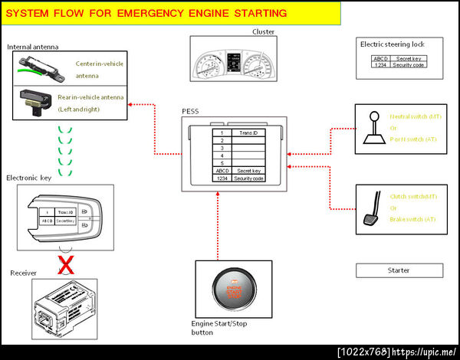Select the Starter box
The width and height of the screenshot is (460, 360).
point(399,270)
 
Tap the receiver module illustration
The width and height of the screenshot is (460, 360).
point(66,306)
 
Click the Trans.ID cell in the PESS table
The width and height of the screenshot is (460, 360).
point(247,133)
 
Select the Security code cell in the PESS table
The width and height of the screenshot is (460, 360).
point(247,178)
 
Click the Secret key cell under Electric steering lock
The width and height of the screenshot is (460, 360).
point(407,58)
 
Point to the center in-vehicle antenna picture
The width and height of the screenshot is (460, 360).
point(42,67)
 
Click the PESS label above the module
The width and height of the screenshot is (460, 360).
point(190,111)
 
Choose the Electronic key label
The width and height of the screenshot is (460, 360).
point(30,178)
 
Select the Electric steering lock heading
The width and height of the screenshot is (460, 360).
point(392,44)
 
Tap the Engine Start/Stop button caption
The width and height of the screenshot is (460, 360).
point(219,328)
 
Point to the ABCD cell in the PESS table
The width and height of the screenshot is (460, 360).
point(222,171)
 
